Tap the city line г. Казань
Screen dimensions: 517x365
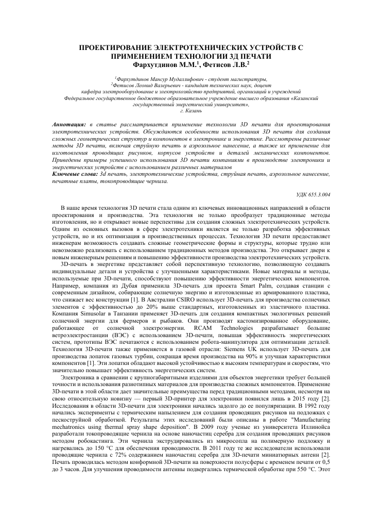click(182, 110)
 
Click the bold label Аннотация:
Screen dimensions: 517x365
click(70, 125)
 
